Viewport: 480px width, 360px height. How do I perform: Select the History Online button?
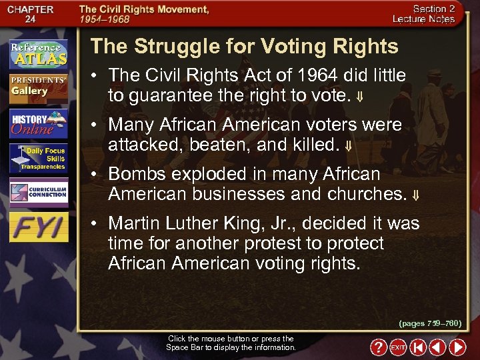(x=38, y=123)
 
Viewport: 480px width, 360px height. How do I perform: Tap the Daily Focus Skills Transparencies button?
(x=38, y=159)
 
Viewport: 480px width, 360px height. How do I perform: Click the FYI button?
(x=38, y=227)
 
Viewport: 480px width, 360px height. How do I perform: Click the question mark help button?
(x=378, y=347)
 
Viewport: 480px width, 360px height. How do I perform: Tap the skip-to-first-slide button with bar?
(x=417, y=347)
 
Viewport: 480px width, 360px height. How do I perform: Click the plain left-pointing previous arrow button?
(x=437, y=347)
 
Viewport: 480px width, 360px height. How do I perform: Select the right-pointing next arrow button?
(x=457, y=347)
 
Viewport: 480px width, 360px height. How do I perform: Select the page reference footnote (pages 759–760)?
(x=430, y=323)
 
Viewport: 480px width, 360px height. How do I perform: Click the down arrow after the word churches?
(x=416, y=195)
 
